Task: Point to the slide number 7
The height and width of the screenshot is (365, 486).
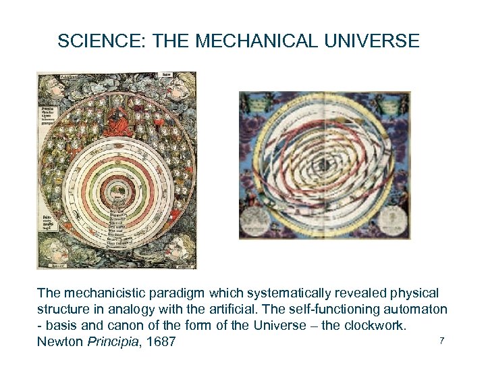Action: point(441,340)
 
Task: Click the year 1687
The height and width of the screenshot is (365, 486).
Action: point(161,341)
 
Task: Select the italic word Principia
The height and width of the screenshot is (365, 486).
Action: point(112,341)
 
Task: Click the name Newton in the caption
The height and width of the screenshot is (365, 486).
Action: point(60,341)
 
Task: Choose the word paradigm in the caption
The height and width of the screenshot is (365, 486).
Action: point(171,293)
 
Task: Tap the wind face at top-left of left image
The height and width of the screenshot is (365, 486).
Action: point(50,87)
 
